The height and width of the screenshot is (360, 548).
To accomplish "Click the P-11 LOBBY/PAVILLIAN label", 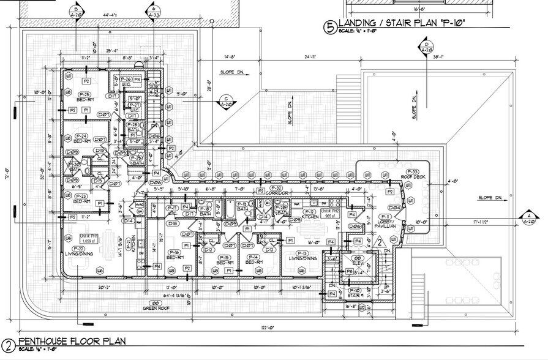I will point(386,222).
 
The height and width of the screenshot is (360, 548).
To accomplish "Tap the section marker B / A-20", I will point(76,13).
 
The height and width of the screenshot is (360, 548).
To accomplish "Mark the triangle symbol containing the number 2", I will point(379,243).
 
